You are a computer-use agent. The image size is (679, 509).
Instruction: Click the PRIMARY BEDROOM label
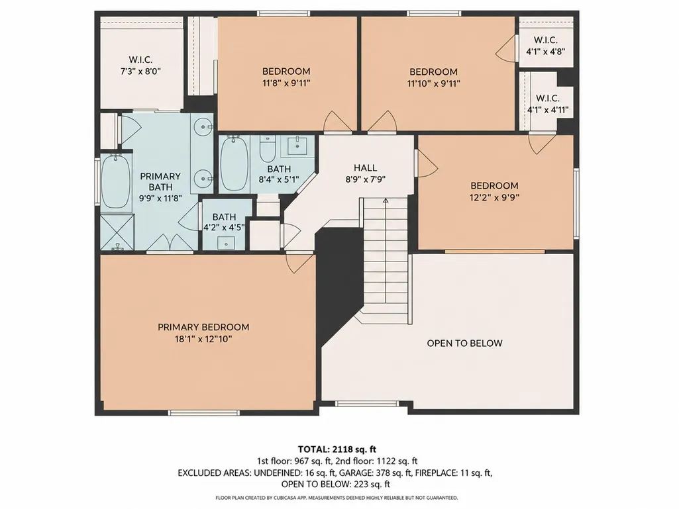coord(203,327)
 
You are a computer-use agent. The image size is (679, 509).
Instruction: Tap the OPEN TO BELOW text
coord(464,344)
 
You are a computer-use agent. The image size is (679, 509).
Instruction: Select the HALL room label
coord(366,167)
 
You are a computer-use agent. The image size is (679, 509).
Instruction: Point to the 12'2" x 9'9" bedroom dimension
coord(495,197)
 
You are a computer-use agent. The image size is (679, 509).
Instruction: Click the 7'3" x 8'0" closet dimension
coord(140,71)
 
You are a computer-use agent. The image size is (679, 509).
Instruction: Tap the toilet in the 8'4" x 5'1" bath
coord(266,148)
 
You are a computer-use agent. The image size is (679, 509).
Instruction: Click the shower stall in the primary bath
coord(117,232)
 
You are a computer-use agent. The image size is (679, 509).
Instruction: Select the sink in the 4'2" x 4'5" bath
coord(226,243)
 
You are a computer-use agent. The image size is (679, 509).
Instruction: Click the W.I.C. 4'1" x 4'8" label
coord(546,46)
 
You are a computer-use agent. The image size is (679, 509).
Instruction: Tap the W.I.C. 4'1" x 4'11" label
coord(548,104)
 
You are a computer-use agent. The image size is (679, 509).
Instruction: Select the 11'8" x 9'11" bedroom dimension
coord(286,83)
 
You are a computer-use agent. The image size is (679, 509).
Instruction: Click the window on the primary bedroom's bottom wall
coord(203,413)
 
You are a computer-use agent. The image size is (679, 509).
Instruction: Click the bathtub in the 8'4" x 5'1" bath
coord(235,163)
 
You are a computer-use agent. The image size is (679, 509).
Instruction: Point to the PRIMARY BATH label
coord(160,182)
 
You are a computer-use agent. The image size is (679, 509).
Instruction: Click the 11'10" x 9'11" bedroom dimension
coord(433,83)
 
